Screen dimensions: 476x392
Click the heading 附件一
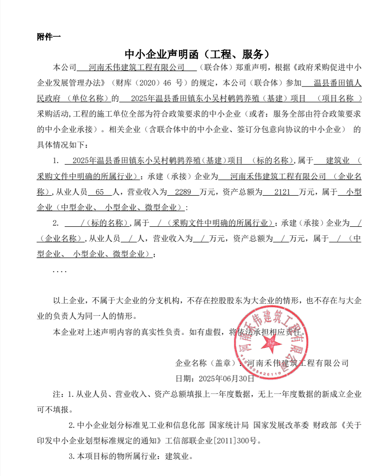[49, 37]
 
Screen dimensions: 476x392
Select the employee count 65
[99, 192]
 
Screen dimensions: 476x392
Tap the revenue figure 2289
[177, 192]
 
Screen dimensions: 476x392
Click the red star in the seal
[273, 342]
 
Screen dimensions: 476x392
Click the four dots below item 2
[59, 271]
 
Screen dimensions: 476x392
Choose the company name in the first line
[135, 67]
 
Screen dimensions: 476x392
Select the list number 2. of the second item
[56, 223]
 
